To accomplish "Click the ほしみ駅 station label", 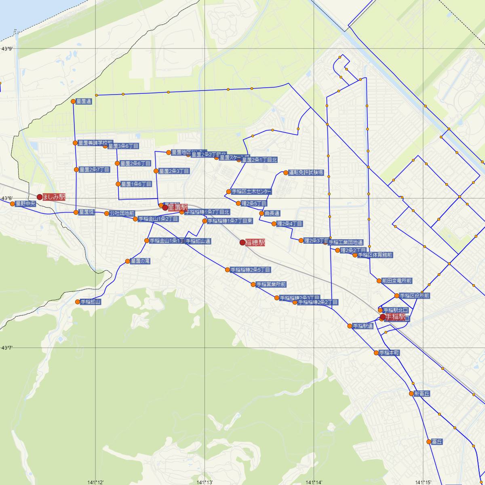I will (54, 197).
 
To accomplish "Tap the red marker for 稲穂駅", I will (242, 242).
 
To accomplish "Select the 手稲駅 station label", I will (395, 317).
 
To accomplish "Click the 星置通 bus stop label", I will (84, 101).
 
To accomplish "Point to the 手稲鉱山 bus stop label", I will (91, 302).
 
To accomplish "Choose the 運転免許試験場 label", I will (306, 173).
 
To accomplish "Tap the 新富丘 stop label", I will (422, 394).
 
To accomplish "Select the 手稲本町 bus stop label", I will (389, 353).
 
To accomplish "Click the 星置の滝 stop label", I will (140, 261).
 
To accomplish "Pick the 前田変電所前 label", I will (396, 281).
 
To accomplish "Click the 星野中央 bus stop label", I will (25, 204).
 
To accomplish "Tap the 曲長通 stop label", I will (272, 213).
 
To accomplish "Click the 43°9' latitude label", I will (7, 49).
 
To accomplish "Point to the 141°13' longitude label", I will (205, 482).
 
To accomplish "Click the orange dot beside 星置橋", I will (76, 212).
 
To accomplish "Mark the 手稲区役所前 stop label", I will (415, 296).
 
